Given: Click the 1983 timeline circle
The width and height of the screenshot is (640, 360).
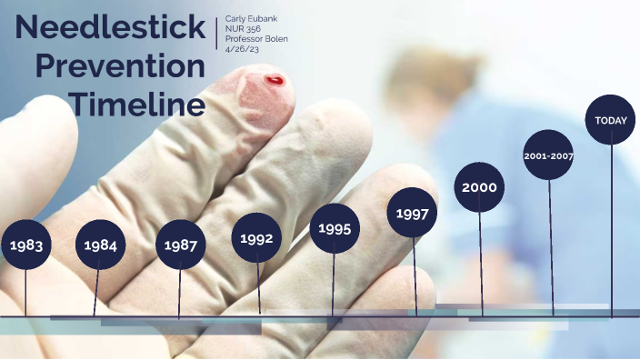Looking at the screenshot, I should click(26, 245).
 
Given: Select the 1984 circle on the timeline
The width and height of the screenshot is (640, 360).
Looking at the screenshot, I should click(101, 245).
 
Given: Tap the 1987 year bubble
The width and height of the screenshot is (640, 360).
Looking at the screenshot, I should click(181, 245).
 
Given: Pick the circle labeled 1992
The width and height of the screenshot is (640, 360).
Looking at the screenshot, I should click(257, 238).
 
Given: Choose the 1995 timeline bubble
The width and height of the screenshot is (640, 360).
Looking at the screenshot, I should click(335, 228).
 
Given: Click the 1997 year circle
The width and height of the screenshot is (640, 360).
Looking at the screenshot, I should click(413, 214).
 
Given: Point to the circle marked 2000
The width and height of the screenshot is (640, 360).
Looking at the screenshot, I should click(479, 187).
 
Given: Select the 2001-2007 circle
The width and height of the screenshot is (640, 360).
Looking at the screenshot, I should click(548, 155).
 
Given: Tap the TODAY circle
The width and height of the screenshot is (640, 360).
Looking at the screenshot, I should click(610, 120).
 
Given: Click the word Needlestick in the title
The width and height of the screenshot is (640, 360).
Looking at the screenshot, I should click(110, 28).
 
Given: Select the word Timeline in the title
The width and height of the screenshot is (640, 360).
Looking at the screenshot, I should click(138, 105).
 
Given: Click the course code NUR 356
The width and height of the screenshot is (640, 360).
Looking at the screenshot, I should click(243, 29).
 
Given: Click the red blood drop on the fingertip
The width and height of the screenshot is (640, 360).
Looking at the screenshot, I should click(275, 81).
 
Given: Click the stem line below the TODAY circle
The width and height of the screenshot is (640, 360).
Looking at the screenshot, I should click(611, 227).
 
